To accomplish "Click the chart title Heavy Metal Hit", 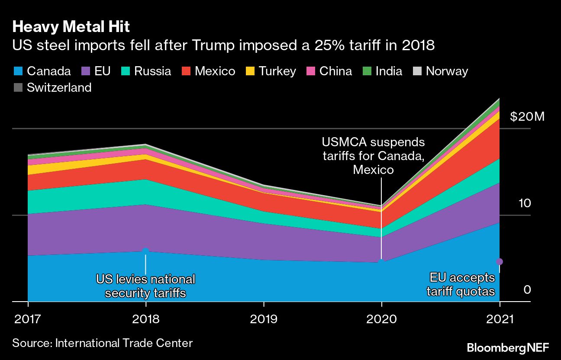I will pos(71,27).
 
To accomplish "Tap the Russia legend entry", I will pos(146,71).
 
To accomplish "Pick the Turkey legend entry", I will pos(271,71).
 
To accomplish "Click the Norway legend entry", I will pos(441,71).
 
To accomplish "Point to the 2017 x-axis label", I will pos(27,319).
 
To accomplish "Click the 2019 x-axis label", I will pos(264,319).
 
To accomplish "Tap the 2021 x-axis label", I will pos(500,319).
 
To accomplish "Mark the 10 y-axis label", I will pos(525,203).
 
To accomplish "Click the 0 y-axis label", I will pos(527,289).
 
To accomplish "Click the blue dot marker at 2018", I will pos(145,251).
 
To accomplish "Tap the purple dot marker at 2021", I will pos(499,261).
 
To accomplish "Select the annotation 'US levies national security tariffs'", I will pos(145,286).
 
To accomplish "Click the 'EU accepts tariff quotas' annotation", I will pos(461,284).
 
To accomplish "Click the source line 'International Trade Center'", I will pos(103,343).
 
